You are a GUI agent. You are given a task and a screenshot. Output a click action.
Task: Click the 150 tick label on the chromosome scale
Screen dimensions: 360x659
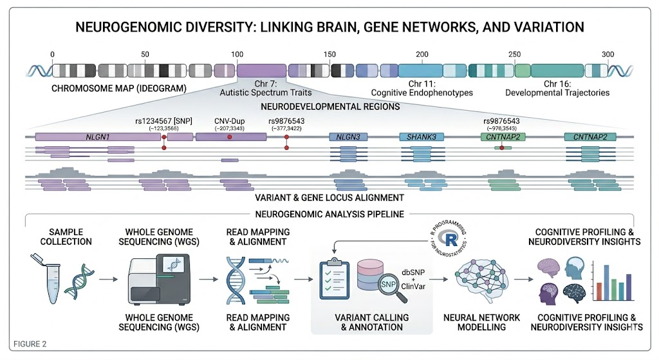coord(329,54)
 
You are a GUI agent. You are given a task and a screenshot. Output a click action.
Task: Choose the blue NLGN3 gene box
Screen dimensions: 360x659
coord(348,137)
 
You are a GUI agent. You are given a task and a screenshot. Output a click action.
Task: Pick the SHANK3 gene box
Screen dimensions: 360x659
coord(419,137)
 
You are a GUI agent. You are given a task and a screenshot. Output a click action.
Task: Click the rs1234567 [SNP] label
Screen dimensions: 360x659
coord(160,120)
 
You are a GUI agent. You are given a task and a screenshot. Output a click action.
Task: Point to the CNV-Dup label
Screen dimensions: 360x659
coord(229,120)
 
